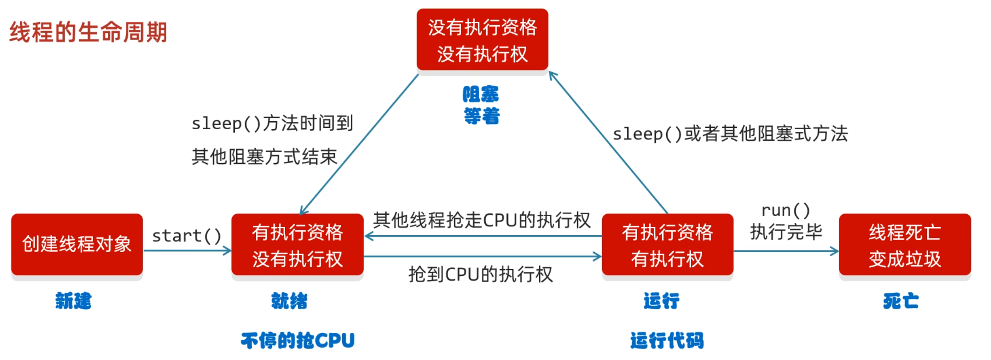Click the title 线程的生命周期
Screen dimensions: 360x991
pos(88,32)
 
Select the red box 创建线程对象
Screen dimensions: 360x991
pos(77,244)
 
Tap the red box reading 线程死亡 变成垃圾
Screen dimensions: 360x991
pos(905,245)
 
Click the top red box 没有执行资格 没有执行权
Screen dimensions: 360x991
pos(482,40)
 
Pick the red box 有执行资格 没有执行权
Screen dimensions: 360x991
pos(297,245)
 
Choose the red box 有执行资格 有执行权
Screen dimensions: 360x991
pos(667,245)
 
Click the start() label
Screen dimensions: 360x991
pos(187,236)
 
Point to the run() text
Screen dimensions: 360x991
pos(786,210)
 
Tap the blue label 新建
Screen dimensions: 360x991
pos(74,301)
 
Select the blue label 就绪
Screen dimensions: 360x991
pos(290,301)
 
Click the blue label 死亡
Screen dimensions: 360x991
pos(901,301)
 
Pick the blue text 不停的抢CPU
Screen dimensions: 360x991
pos(298,341)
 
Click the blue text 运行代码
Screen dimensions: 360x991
pos(667,341)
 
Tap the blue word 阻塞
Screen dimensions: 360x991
pos(481,94)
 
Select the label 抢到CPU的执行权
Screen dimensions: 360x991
pos(480,274)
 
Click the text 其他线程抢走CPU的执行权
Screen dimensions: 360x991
pos(482,220)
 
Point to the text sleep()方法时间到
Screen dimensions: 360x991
pos(272,123)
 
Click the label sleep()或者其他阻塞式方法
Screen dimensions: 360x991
pos(730,134)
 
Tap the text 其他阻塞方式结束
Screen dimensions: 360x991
pos(264,157)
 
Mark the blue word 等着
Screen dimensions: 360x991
pos(482,116)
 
